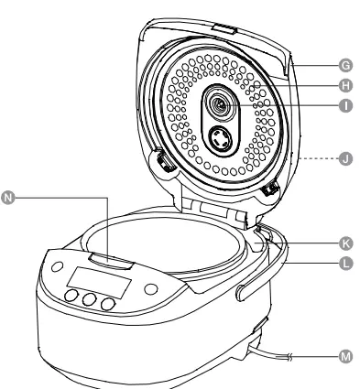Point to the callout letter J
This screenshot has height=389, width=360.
pyautogui.click(x=344, y=158)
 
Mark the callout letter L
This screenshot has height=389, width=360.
pyautogui.click(x=344, y=262)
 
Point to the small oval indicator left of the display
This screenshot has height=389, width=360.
pyautogui.click(x=57, y=269)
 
